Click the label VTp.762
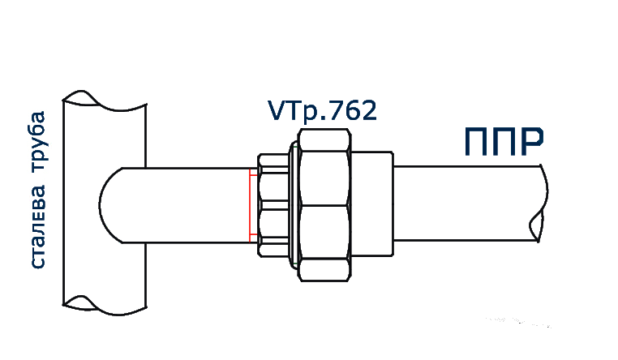(x=322, y=111)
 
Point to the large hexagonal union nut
(x=324, y=206)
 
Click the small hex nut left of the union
(x=272, y=206)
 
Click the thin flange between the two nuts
(x=291, y=206)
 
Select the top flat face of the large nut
(x=324, y=138)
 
